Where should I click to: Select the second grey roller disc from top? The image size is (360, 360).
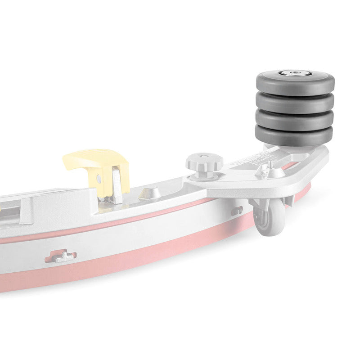click(295, 103)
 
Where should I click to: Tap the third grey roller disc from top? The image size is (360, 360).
click(295, 120)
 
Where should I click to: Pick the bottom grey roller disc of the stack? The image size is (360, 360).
click(295, 135)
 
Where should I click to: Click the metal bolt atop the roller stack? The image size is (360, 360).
click(296, 73)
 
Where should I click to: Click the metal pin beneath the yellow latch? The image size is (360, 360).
click(116, 184)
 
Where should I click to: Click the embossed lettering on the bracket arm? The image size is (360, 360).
click(245, 162)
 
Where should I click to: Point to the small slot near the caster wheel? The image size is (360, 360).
click(237, 210)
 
